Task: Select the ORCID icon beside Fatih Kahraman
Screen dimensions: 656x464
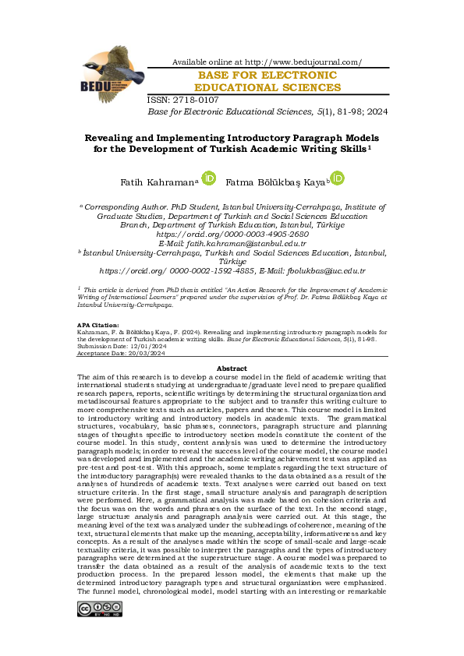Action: (x=209, y=178)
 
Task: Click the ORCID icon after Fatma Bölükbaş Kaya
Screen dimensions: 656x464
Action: (x=337, y=178)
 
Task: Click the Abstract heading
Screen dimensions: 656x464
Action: (x=232, y=368)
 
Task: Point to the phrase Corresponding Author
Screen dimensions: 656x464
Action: (x=122, y=206)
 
